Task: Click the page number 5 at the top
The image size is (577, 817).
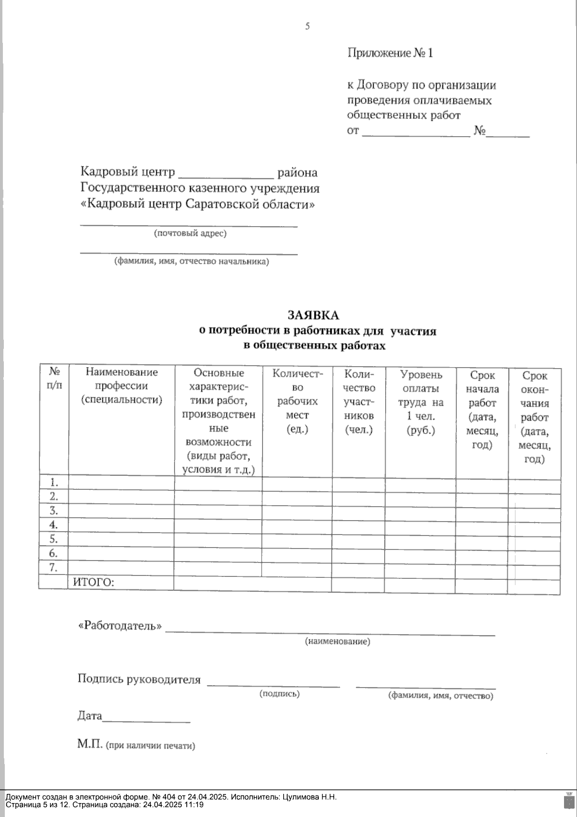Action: pos(307,26)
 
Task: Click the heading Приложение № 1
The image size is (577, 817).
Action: pos(390,53)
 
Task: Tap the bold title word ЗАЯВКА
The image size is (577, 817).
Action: pos(313,315)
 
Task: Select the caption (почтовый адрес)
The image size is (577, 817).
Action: pos(190,233)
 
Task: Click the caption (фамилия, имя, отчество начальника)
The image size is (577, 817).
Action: pos(191,262)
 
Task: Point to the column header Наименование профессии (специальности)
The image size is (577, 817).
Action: pos(122,385)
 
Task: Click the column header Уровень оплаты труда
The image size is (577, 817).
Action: pos(421,402)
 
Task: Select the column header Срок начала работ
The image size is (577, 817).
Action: pos(482,409)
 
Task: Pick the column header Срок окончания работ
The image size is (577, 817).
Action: pos(535,417)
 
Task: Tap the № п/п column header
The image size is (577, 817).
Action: pos(54,378)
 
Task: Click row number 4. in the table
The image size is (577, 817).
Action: pos(54,524)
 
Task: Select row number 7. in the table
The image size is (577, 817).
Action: pos(54,567)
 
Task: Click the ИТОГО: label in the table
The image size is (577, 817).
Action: pos(93,583)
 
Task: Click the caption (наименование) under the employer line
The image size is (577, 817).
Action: pos(338,641)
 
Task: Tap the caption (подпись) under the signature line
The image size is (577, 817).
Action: pos(279,693)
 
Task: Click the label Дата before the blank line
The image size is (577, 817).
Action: pos(90,716)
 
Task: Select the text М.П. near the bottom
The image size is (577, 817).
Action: pos(90,745)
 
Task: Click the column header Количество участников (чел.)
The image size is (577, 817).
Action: pos(359,402)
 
